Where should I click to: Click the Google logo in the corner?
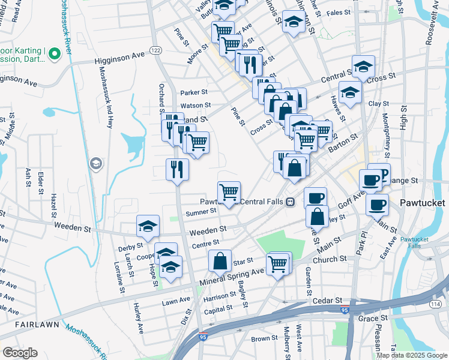pyautogui.click(x=20, y=353)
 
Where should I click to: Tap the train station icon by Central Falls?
pyautogui.click(x=290, y=202)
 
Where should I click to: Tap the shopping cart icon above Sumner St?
pyautogui.click(x=229, y=192)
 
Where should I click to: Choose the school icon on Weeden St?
pyautogui.click(x=148, y=226)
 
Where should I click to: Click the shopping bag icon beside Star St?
pyautogui.click(x=220, y=260)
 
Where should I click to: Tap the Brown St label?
pyautogui.click(x=264, y=338)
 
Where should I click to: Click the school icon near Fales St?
pyautogui.click(x=294, y=22)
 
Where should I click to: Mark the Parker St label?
pyautogui.click(x=194, y=92)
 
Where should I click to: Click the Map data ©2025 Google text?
pyautogui.click(x=412, y=355)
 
